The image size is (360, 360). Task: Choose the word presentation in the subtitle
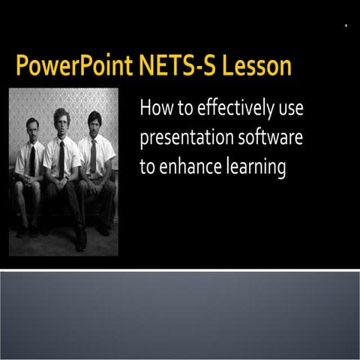[184, 139]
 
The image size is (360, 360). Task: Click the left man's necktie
[32, 160]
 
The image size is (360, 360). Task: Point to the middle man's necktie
[61, 157]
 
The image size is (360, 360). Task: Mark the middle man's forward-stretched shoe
[80, 241]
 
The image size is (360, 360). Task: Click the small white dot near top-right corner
[346, 25]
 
